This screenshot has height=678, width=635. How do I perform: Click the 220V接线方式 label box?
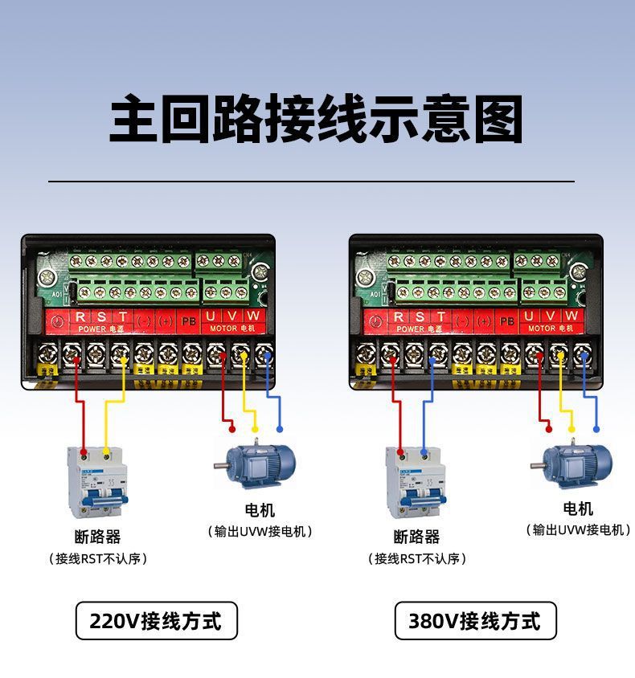pos(156,621)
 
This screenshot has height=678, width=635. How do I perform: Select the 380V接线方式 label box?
pos(475,621)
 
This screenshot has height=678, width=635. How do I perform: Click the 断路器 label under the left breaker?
pos(98,537)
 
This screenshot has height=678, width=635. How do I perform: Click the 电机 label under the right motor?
pos(578,508)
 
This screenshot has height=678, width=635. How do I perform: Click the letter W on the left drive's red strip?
pos(253,316)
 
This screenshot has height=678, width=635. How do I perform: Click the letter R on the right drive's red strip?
pos(399,317)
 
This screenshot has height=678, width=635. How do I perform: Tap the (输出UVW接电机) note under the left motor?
pos(260,532)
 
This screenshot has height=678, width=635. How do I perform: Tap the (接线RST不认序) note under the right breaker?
pos(416,558)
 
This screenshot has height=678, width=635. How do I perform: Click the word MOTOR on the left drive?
pos(223,329)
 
